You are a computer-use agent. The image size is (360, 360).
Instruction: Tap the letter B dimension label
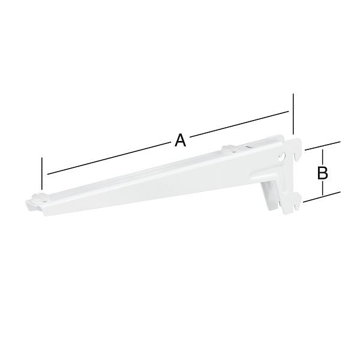(x=322, y=173)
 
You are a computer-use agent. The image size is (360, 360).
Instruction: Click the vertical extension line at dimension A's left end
(x=42, y=173)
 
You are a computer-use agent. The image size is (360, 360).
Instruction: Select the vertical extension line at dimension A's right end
(x=293, y=114)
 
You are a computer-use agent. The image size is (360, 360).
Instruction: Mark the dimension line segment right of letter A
(x=240, y=125)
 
